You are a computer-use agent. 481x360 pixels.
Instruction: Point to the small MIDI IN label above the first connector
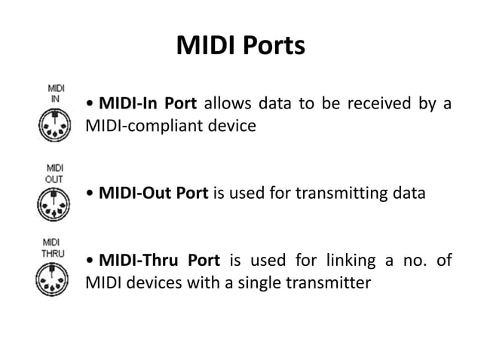(x=55, y=93)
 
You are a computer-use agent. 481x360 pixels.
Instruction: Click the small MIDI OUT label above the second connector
(x=55, y=173)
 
